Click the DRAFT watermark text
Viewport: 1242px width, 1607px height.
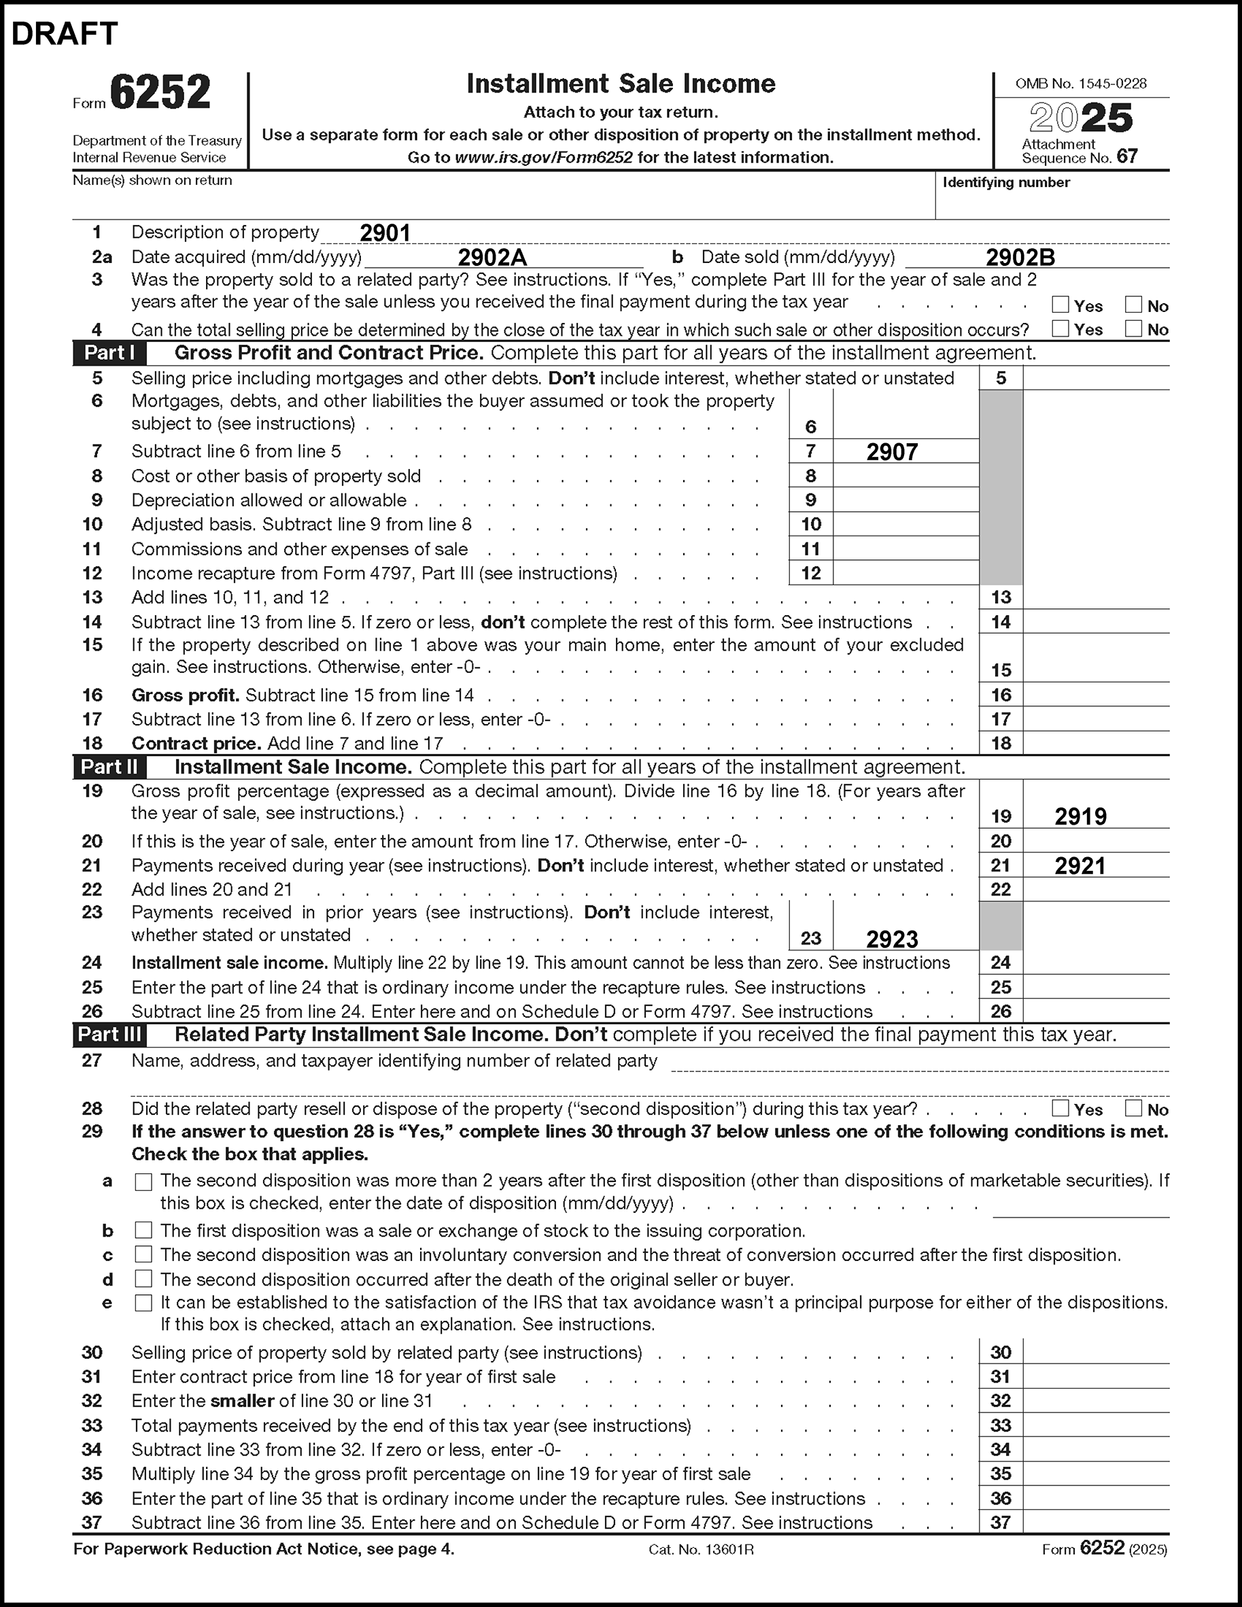[x=65, y=34]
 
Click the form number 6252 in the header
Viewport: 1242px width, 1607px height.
[x=160, y=92]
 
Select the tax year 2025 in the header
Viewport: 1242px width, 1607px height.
[x=1080, y=118]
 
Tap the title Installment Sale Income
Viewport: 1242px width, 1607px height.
[x=620, y=84]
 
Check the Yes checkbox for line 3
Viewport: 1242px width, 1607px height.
[x=1060, y=305]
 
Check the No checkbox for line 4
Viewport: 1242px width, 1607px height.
[x=1134, y=329]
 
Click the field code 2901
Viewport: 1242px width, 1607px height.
[x=385, y=233]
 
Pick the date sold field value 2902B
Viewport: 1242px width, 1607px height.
[x=1020, y=258]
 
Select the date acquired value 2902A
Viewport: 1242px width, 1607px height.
[x=492, y=258]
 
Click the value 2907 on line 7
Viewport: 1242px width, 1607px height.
[x=892, y=452]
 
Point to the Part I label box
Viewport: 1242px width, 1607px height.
[x=109, y=353]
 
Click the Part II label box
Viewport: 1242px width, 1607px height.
[x=109, y=767]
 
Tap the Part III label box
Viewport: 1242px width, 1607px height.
[x=109, y=1035]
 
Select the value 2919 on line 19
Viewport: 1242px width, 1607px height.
[x=1080, y=816]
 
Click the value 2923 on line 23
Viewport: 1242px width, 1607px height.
[x=892, y=939]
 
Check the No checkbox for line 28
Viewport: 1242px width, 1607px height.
[x=1134, y=1108]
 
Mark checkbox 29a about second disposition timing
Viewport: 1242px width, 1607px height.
[x=143, y=1181]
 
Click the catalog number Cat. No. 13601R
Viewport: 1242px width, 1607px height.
[x=700, y=1550]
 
